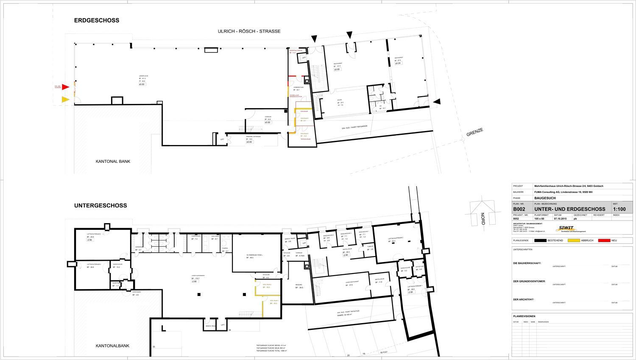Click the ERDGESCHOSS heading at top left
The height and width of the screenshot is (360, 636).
97,20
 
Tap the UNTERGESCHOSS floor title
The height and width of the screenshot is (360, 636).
100,206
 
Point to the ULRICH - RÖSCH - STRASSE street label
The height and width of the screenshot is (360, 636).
249,31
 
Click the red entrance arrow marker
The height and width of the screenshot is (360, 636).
66,87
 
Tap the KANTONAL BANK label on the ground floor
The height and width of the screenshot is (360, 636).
113,162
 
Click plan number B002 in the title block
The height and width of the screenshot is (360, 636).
520,209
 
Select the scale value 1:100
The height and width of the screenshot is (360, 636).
619,209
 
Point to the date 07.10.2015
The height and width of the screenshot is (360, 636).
560,219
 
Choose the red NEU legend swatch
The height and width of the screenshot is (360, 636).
604,240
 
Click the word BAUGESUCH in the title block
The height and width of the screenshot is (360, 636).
545,198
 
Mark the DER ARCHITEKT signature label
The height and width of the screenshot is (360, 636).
524,300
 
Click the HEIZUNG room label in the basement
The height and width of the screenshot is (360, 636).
298,285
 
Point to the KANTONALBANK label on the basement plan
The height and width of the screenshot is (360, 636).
112,346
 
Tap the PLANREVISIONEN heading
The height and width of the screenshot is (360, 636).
524,316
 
